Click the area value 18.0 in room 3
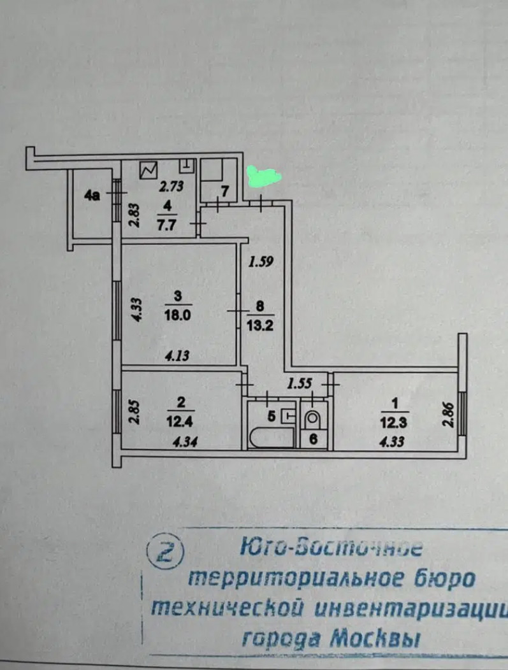click(178, 317)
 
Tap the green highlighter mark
click(263, 176)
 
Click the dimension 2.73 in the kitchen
click(171, 188)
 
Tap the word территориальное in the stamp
click(284, 578)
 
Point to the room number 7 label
click(224, 190)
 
